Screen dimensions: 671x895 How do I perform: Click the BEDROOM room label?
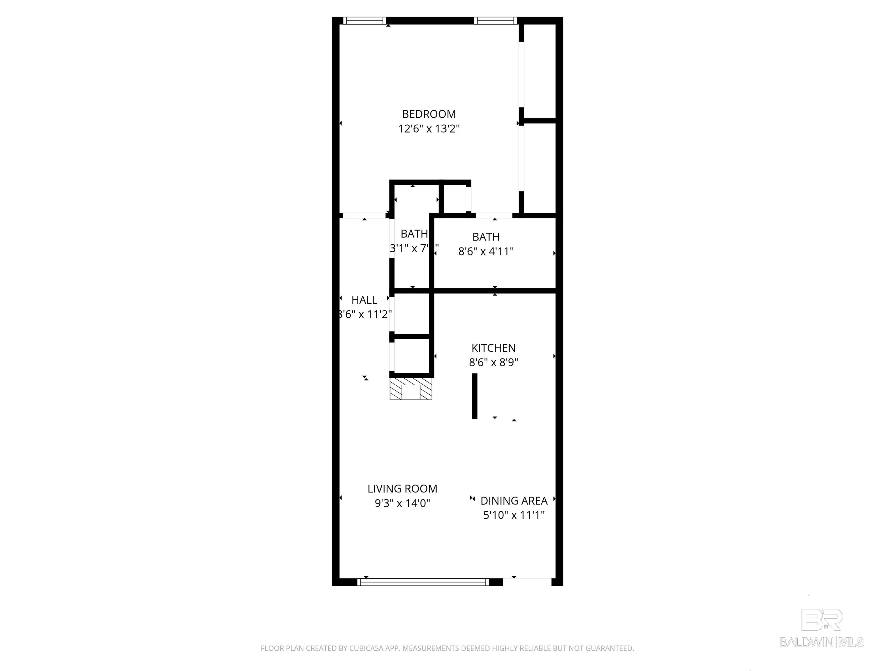pos(429,114)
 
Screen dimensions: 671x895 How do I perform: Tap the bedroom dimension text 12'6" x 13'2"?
pos(429,129)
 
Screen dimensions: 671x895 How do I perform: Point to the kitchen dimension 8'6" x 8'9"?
pos(493,362)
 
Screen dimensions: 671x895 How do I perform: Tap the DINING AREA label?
pos(514,501)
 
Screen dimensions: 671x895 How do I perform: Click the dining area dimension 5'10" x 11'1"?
pos(514,515)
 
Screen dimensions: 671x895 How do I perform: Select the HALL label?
pos(364,300)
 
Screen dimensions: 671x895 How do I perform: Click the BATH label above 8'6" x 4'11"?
pos(486,236)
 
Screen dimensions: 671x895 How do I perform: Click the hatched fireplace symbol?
pos(411,389)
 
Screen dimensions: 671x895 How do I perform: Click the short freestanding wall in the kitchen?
pos(475,396)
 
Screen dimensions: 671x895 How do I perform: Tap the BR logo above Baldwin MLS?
pos(822,620)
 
